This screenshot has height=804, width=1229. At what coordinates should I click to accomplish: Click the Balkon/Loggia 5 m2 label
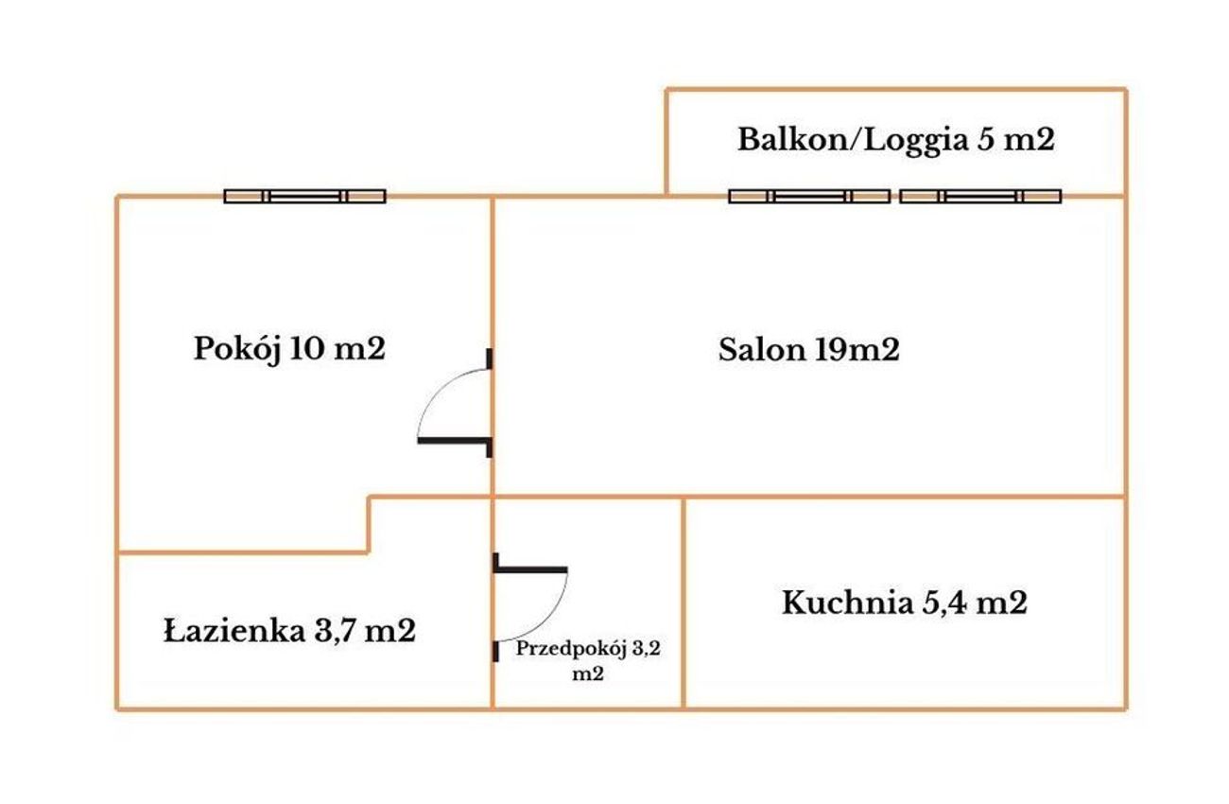pos(895,141)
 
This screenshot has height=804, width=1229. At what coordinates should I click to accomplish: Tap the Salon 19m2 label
pos(808,349)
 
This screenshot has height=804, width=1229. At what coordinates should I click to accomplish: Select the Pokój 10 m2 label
pos(289,349)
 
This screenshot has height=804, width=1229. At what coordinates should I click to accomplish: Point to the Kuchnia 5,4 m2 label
pos(904,603)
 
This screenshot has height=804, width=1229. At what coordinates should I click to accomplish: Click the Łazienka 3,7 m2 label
pos(289,631)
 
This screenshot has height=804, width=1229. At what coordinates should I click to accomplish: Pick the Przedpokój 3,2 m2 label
pos(588,661)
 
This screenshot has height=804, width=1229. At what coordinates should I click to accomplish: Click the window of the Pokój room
pos(305,196)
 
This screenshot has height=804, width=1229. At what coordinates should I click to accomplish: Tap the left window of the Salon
pos(809,196)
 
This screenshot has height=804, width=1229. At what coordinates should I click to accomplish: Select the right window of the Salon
pos(980,196)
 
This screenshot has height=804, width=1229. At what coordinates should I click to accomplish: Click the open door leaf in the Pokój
pos(453,440)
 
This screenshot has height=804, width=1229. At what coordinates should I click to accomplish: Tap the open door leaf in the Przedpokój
pos(531,570)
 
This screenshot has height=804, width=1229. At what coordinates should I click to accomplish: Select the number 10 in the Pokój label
pos(305,348)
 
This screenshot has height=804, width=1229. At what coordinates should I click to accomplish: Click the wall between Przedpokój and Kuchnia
pos(684,603)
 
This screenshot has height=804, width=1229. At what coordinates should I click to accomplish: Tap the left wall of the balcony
pos(666,142)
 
